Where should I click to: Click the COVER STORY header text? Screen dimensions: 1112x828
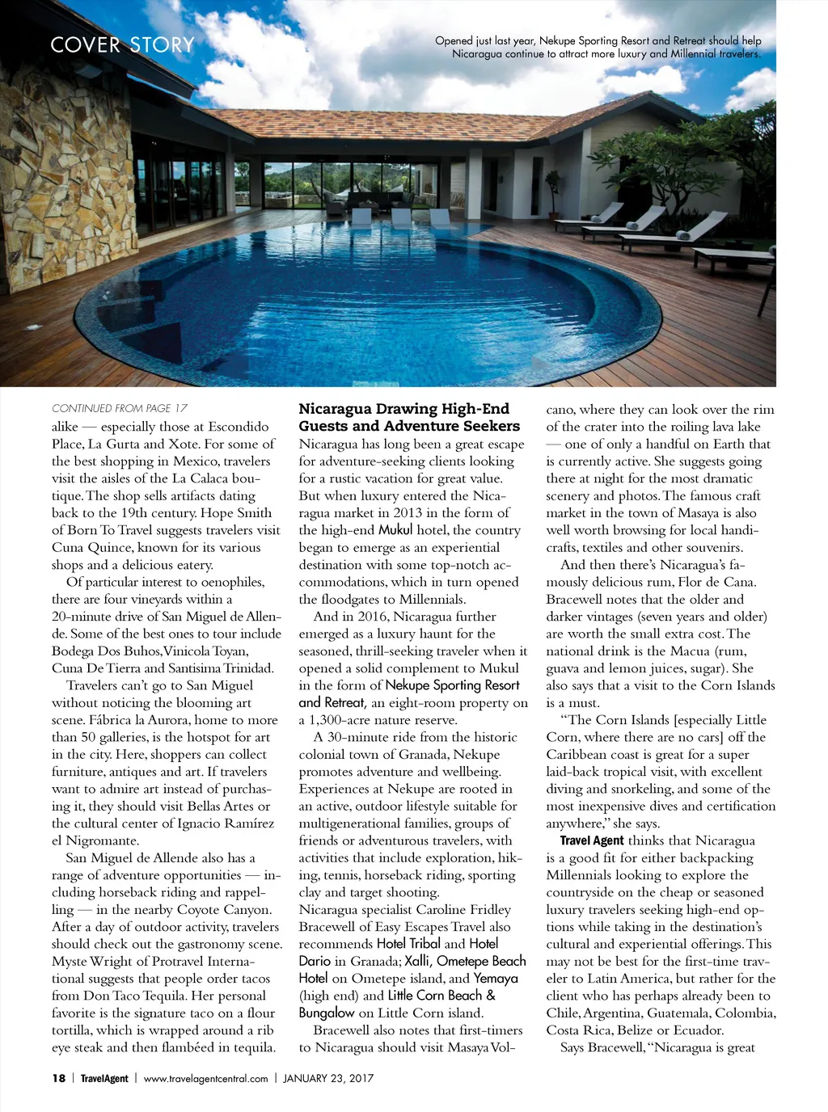coord(122,44)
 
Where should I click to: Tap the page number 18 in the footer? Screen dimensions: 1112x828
coord(59,1078)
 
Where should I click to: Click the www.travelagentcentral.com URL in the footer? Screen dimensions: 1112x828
coord(205,1078)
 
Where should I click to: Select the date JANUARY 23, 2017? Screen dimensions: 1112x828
coord(328,1078)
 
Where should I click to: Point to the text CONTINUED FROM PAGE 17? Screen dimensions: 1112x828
coord(120,408)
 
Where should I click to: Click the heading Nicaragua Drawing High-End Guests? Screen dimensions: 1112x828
coord(409,417)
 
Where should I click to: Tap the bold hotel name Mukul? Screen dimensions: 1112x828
coord(395,530)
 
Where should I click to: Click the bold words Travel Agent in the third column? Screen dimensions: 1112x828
coord(592,840)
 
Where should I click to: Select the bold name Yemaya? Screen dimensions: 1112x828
coord(496,979)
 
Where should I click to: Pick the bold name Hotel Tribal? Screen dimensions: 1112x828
coord(408,944)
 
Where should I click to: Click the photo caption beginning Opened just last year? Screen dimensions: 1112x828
coord(598,47)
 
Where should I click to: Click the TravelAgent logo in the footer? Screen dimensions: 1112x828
coord(104,1078)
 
